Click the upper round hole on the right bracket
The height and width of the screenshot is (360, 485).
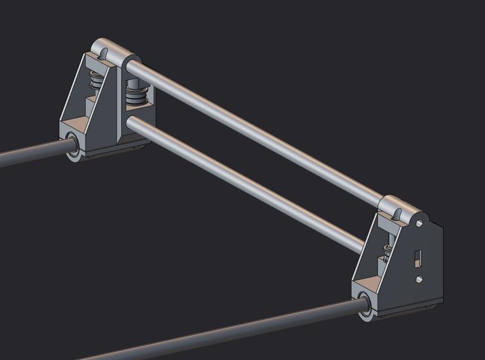[419, 224]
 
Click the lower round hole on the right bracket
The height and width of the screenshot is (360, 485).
[419, 279]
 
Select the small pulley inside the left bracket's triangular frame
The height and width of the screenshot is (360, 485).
[94, 81]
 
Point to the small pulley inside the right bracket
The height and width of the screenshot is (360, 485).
[386, 250]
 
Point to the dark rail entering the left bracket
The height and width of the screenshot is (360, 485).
[30, 157]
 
